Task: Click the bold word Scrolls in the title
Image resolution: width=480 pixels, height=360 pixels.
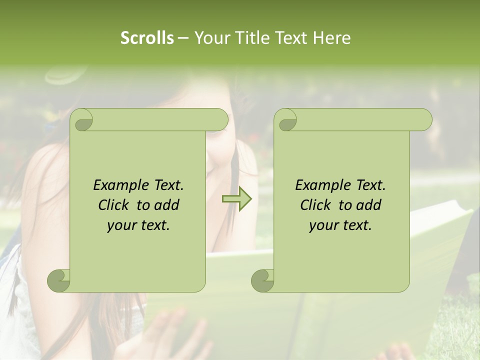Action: (147, 38)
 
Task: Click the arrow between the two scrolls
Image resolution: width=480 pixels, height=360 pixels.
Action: (236, 199)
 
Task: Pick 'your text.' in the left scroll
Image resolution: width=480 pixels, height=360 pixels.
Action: (138, 225)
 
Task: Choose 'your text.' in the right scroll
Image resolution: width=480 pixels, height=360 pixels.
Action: (340, 225)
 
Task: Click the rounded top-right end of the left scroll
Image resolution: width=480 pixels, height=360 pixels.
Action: (220, 120)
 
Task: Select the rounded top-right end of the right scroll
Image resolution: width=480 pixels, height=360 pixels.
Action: (424, 120)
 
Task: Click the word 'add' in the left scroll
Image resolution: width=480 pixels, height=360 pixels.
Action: (166, 205)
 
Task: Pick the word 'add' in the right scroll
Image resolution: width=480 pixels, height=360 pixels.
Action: (368, 205)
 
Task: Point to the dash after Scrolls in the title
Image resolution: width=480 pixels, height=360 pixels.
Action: (183, 38)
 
